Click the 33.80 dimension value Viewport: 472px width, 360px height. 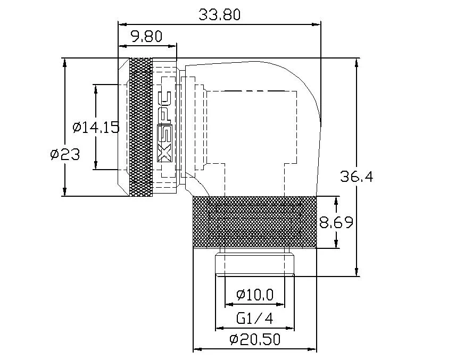coord(219,14)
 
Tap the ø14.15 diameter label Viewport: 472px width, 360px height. coord(95,127)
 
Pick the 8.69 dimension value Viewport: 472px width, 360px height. coord(336,222)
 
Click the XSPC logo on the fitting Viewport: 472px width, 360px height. coord(166,127)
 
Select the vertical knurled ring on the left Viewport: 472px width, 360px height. coord(140,127)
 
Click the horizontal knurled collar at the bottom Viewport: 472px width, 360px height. coord(254,222)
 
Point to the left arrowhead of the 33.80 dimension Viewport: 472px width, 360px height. coord(121,24)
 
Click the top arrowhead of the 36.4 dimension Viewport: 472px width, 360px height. coord(356,62)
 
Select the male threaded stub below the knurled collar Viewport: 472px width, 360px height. coord(254,264)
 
